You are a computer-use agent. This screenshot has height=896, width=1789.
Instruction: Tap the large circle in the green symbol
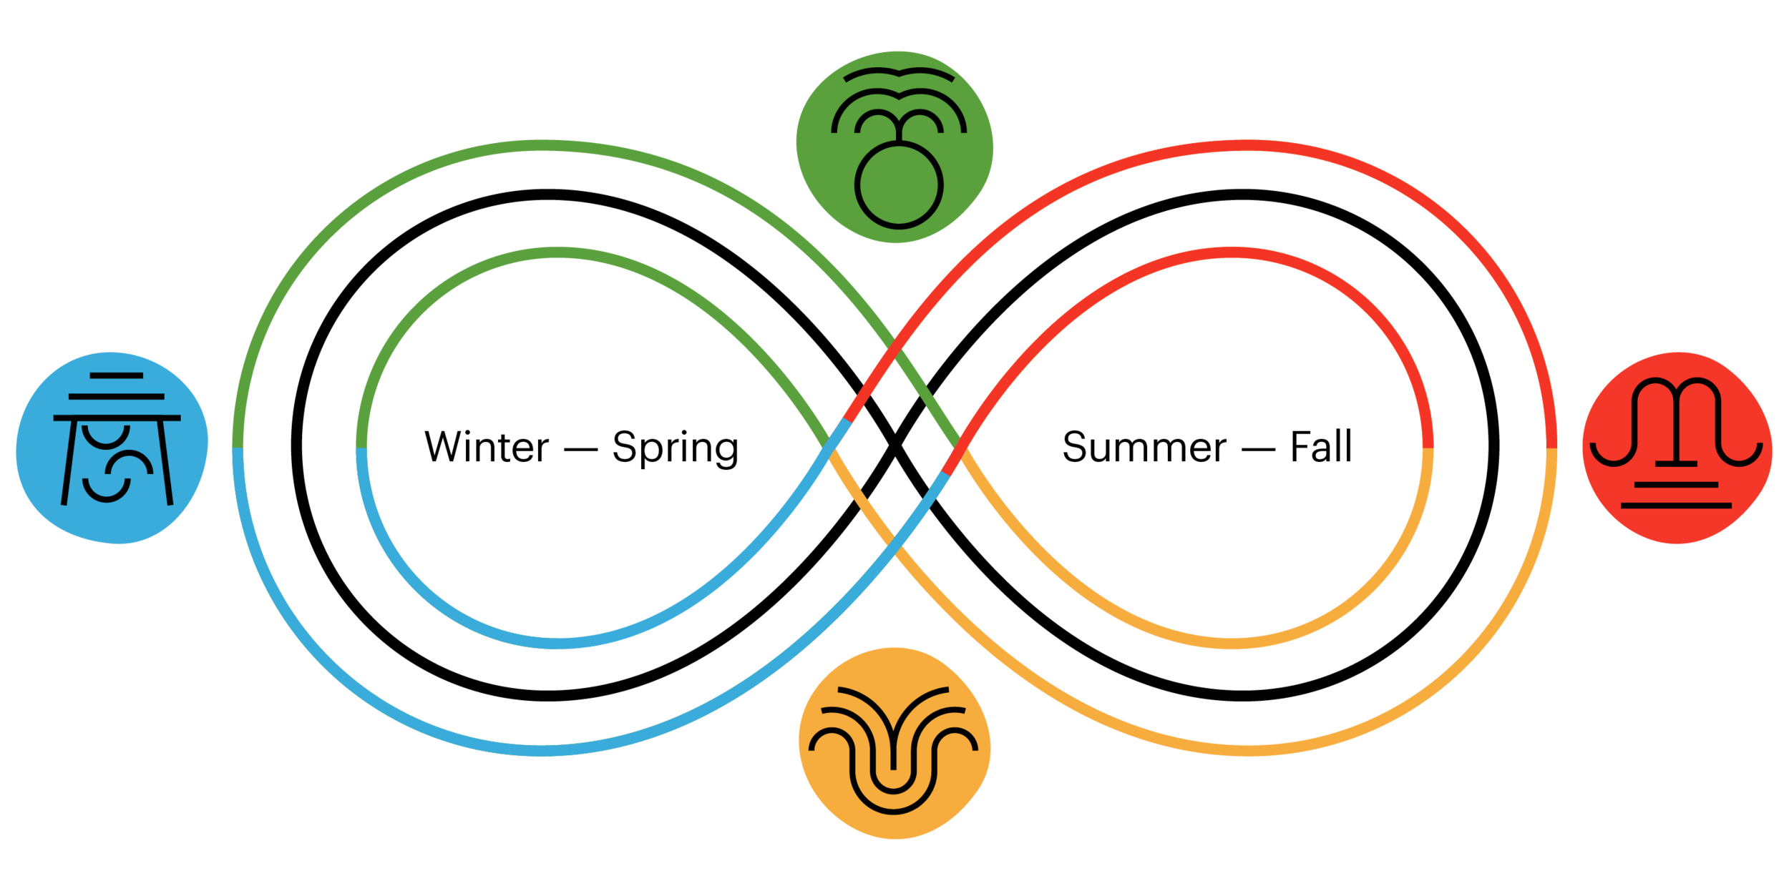point(899,184)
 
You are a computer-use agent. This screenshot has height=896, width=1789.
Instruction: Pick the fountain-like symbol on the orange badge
point(892,751)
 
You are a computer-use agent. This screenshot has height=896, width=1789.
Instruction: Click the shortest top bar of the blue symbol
point(117,375)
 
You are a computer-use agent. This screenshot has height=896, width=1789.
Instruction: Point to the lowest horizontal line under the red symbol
point(1676,506)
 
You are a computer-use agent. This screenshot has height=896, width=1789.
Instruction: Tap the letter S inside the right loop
point(1076,447)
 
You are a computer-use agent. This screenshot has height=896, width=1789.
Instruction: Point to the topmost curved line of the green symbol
point(899,74)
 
